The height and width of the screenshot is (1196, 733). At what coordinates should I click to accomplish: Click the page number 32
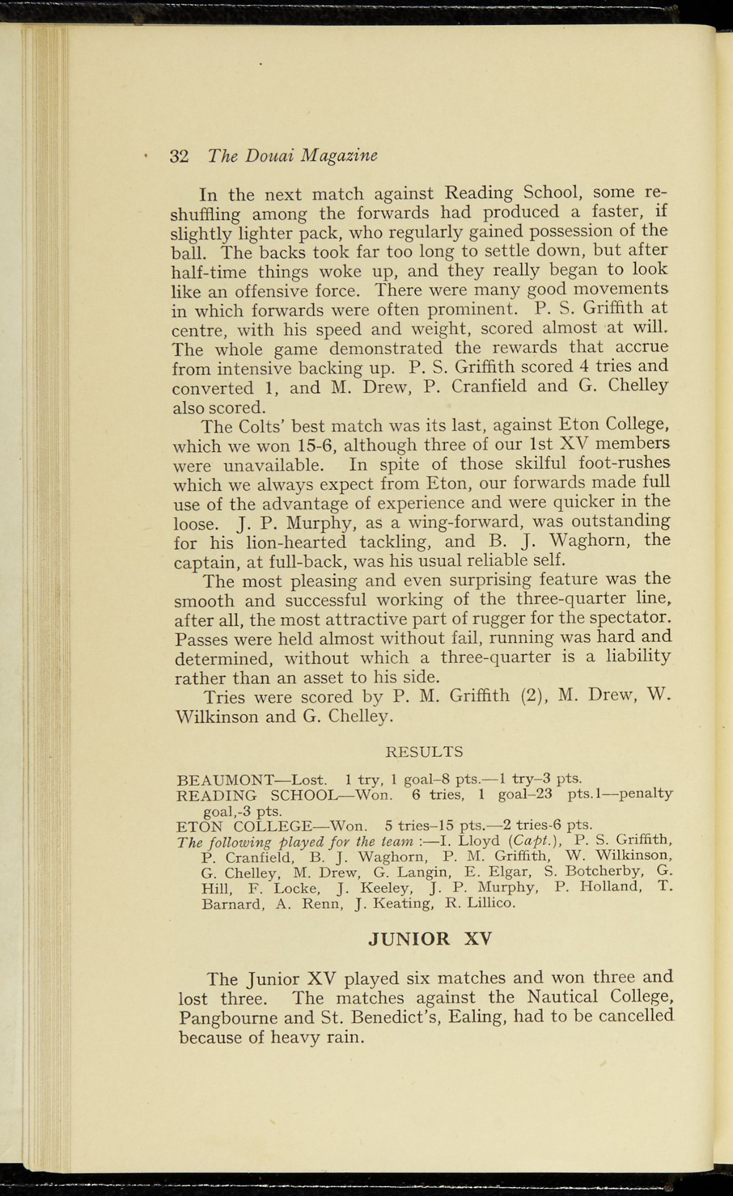(179, 156)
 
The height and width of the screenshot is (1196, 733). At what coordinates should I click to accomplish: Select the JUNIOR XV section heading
(431, 938)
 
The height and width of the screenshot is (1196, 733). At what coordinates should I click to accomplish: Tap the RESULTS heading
(425, 751)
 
